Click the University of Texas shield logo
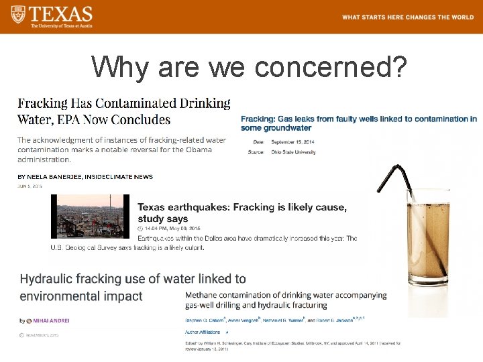point(16,15)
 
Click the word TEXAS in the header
point(61,13)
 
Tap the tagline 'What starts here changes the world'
point(407,17)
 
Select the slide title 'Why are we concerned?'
point(249,66)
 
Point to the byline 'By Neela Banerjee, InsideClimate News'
point(85,177)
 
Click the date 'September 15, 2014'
point(292,142)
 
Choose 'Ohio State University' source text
point(293,153)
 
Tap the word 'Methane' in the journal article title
point(205,295)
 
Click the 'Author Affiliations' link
point(203,332)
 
